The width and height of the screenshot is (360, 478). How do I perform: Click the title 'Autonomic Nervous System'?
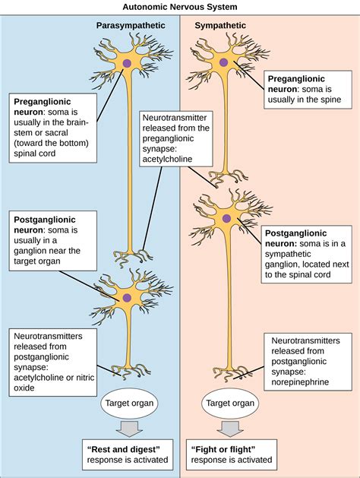click(x=180, y=6)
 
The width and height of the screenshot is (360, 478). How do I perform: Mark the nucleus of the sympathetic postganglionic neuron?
click(x=226, y=219)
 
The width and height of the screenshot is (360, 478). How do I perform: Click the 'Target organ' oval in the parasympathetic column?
click(x=127, y=404)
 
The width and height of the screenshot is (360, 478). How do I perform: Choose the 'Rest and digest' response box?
click(x=127, y=454)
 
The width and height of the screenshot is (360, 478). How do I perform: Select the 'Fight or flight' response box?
click(x=231, y=454)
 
